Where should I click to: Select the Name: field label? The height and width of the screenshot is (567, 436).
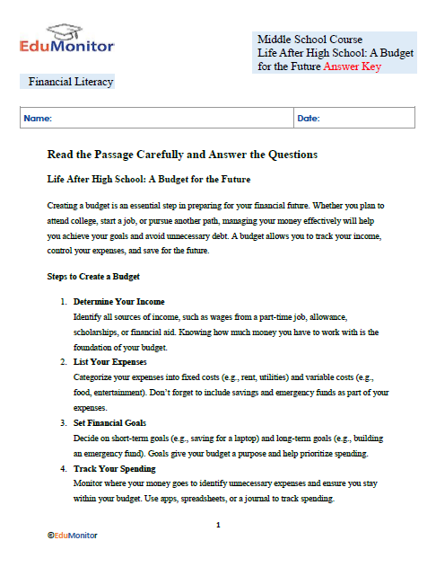tap(38, 119)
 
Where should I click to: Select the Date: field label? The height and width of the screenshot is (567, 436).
tap(309, 119)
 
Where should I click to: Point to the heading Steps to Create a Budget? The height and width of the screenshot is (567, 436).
tap(92, 276)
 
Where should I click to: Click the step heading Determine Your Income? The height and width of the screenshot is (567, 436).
tap(118, 301)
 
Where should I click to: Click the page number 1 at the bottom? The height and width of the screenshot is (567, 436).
tap(218, 524)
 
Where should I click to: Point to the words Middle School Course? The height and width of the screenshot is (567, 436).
tap(310, 40)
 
